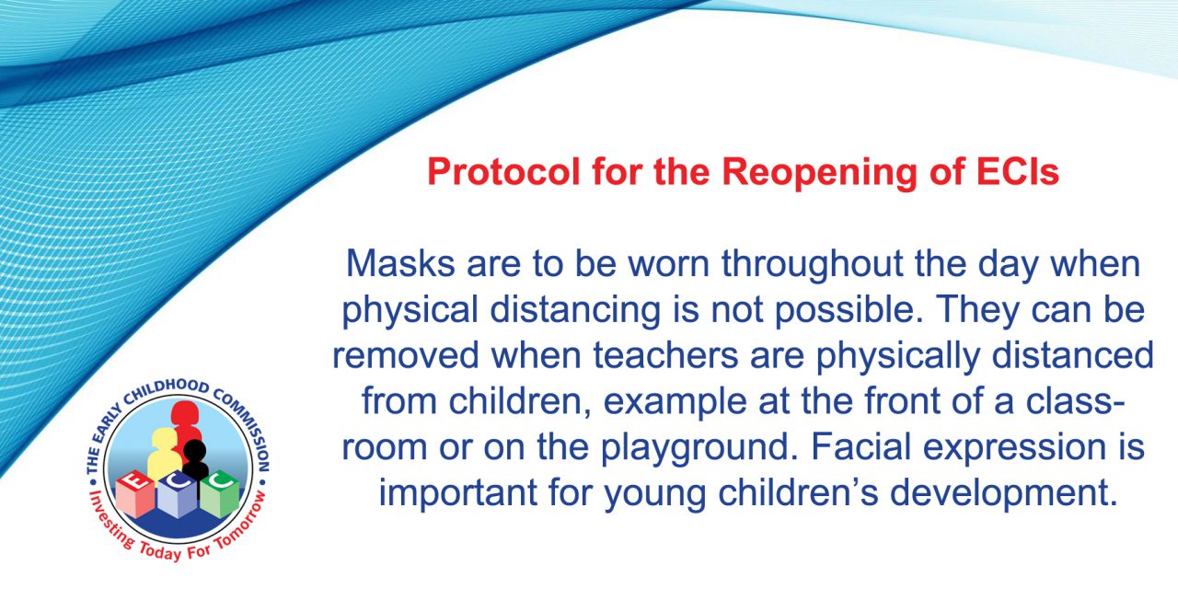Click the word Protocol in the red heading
click(503, 171)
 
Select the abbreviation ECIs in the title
click(1018, 171)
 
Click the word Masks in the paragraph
click(400, 263)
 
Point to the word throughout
click(812, 264)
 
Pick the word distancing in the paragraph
click(575, 310)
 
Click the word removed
click(406, 355)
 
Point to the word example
click(675, 403)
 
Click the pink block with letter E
click(135, 493)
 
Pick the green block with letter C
click(219, 494)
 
